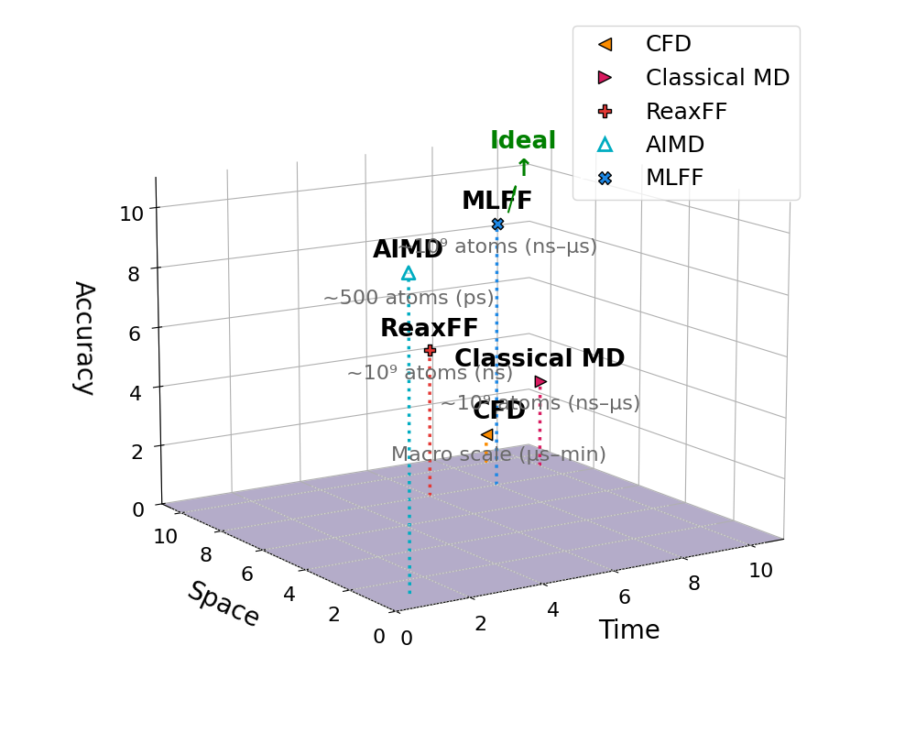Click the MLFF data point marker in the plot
pyautogui.click(x=497, y=224)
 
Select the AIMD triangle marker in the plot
pyautogui.click(x=409, y=273)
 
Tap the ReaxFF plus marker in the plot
pyautogui.click(x=430, y=350)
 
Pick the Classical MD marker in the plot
pyautogui.click(x=540, y=382)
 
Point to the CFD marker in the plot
pyautogui.click(x=487, y=434)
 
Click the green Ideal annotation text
pyautogui.click(x=523, y=141)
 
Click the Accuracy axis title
pyautogui.click(x=83, y=337)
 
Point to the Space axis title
pyautogui.click(x=224, y=604)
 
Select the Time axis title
pyautogui.click(x=629, y=630)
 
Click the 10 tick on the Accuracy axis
pyautogui.click(x=131, y=213)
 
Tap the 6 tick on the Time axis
pyautogui.click(x=624, y=597)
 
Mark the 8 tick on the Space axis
pyautogui.click(x=206, y=554)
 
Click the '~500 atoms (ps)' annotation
pyautogui.click(x=409, y=298)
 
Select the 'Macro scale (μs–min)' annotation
pyautogui.click(x=498, y=454)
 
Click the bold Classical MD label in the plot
pyautogui.click(x=540, y=358)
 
